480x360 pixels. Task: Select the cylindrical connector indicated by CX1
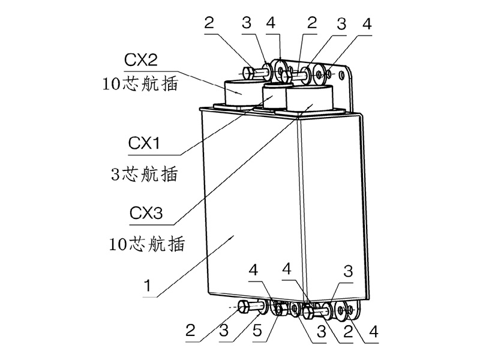tap(275, 98)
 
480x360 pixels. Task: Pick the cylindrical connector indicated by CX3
tap(309, 100)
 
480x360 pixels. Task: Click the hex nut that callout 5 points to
tap(278, 310)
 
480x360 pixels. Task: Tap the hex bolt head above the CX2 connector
tap(249, 73)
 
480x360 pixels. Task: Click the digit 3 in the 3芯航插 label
tap(116, 175)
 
